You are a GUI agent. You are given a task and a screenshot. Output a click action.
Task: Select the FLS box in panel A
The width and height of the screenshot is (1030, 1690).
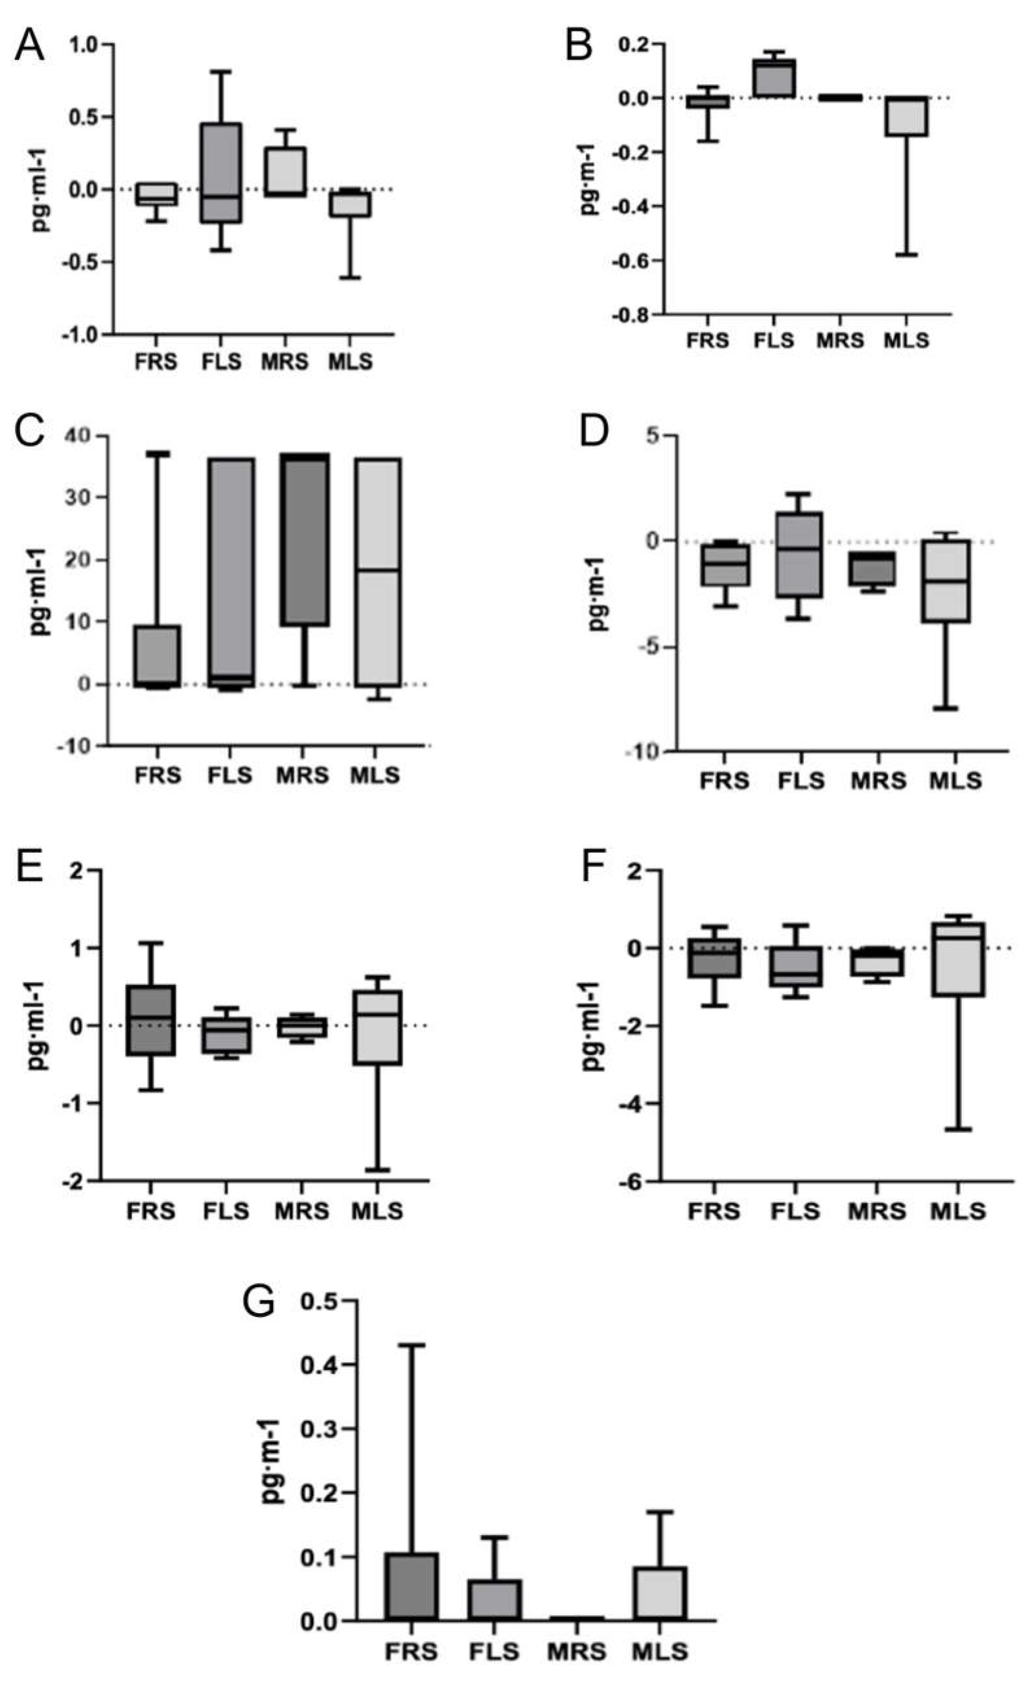[222, 173]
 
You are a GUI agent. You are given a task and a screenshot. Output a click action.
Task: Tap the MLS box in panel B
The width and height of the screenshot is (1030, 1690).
[906, 117]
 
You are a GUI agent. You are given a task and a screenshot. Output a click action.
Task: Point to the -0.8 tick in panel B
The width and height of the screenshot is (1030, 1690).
[637, 315]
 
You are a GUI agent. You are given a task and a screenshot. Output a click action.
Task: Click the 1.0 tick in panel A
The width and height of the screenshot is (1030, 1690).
[85, 45]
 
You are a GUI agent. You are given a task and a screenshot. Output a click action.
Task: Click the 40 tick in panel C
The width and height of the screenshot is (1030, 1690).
[82, 436]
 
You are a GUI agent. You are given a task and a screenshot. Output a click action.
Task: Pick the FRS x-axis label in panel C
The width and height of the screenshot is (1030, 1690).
[158, 776]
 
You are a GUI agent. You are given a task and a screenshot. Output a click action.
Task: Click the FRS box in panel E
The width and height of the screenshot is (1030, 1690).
[151, 1020]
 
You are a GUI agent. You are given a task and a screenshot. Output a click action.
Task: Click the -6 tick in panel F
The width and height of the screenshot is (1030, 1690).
[631, 1182]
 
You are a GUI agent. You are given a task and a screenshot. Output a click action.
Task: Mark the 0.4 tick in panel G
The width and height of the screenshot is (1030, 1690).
[320, 1365]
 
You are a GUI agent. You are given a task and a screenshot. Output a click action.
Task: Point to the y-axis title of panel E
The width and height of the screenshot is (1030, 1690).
[37, 1025]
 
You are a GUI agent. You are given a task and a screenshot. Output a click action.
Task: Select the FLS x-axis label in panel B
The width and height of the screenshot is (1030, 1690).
[773, 340]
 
